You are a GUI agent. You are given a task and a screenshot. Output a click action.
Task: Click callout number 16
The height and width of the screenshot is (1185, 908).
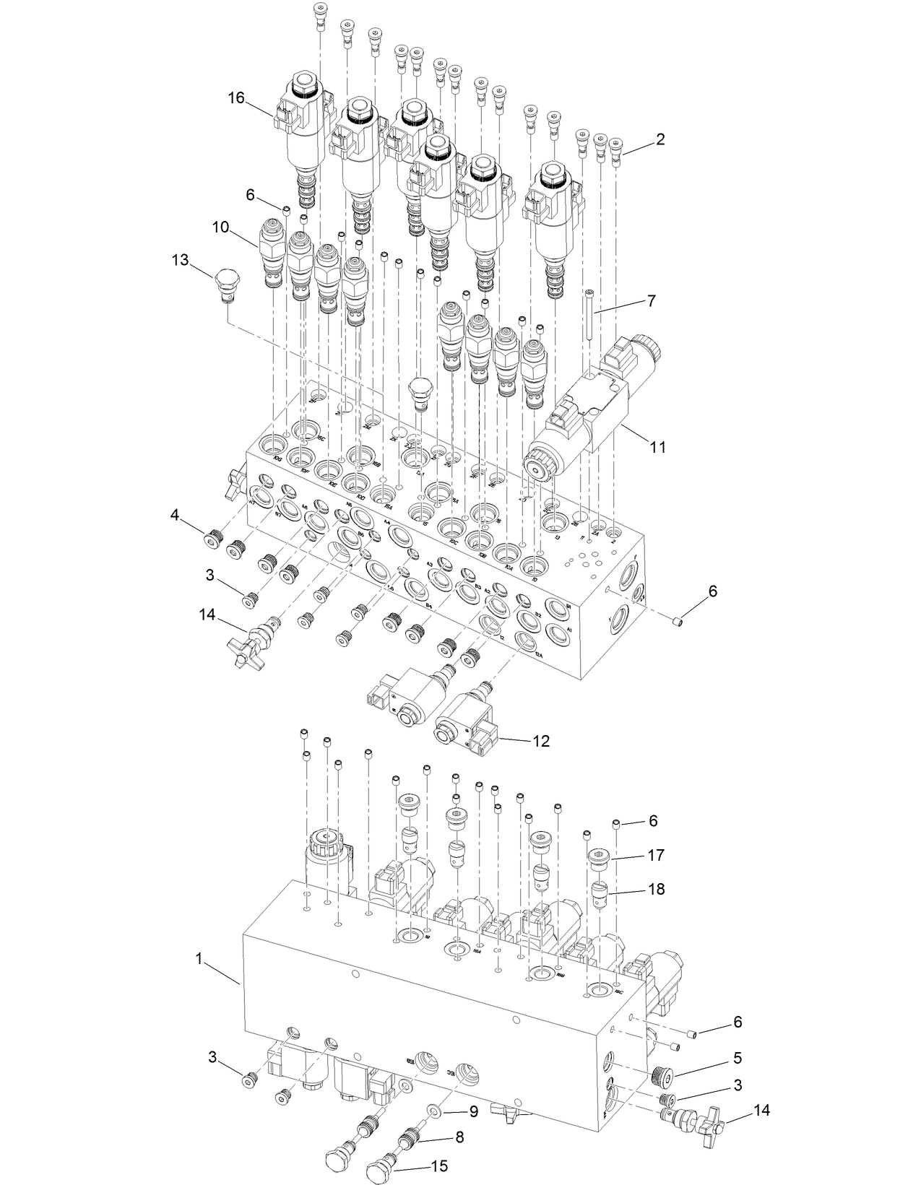pyautogui.click(x=236, y=98)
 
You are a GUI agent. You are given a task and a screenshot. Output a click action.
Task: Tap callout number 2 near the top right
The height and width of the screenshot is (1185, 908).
pyautogui.click(x=660, y=140)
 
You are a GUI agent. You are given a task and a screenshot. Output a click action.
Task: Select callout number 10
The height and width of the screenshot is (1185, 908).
pyautogui.click(x=220, y=227)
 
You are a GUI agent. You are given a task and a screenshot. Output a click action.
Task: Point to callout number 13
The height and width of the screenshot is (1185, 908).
pyautogui.click(x=181, y=260)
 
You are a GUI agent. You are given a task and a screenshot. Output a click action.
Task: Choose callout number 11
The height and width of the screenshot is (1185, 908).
pyautogui.click(x=657, y=447)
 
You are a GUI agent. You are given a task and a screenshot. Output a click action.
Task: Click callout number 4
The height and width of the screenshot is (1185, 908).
pyautogui.click(x=175, y=514)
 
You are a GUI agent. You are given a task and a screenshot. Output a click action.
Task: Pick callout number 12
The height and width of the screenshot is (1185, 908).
pyautogui.click(x=541, y=741)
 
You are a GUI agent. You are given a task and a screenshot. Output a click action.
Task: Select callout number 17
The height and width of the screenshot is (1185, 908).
pyautogui.click(x=656, y=855)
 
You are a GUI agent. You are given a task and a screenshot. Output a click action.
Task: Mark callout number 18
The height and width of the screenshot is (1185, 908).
pyautogui.click(x=656, y=890)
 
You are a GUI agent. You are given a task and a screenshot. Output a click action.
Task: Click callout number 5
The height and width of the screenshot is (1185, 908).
pyautogui.click(x=738, y=1059)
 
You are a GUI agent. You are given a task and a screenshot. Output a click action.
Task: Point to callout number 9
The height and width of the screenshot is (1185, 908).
pyautogui.click(x=474, y=1112)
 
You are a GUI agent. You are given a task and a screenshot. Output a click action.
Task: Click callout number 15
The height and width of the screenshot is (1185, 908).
pyautogui.click(x=439, y=1166)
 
